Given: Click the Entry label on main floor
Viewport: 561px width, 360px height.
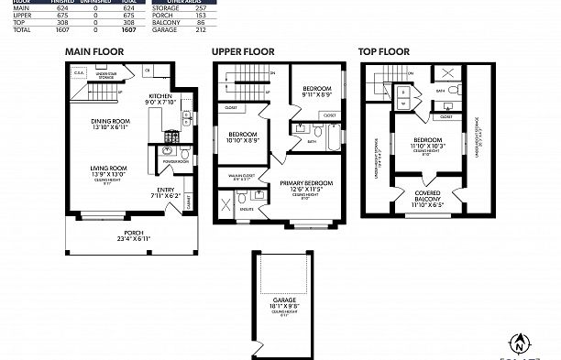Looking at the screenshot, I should click(x=165, y=191).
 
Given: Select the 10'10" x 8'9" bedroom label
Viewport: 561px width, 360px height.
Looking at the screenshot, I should click(x=242, y=137).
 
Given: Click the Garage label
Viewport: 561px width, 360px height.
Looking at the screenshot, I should click(x=283, y=302).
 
